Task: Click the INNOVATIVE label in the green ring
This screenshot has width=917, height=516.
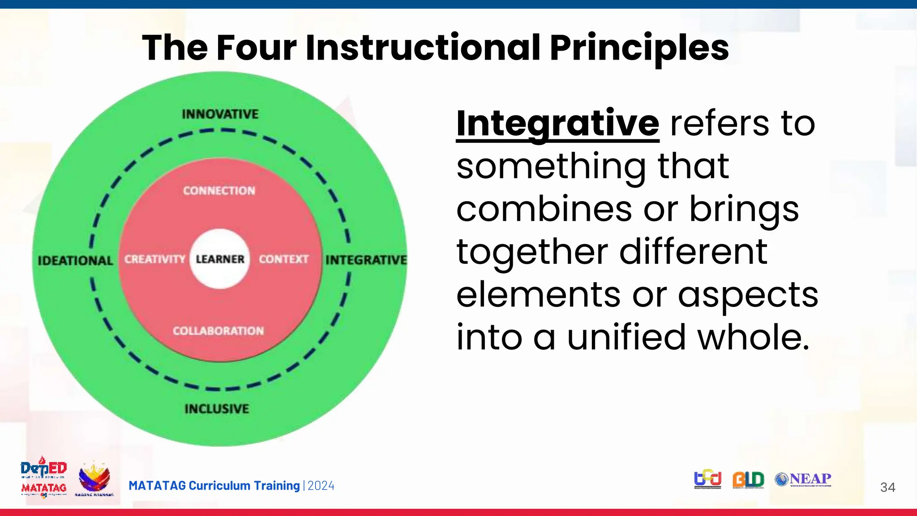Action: point(220,114)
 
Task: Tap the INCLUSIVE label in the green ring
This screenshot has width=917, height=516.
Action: point(217,408)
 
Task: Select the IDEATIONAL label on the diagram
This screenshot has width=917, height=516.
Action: point(75,261)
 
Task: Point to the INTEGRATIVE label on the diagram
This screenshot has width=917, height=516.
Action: point(366,260)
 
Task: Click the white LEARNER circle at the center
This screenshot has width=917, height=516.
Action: point(220,259)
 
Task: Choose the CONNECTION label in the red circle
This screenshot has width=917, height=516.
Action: point(219,191)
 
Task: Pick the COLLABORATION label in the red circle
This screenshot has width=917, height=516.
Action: point(219,331)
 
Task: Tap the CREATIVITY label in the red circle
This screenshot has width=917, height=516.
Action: point(154,259)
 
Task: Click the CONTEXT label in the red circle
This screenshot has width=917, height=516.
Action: point(283,259)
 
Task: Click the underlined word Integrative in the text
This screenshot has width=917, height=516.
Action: point(557,123)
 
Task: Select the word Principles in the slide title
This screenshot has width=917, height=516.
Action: point(639,47)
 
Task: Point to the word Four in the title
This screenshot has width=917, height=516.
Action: point(257,47)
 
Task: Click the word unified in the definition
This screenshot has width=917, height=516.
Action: point(626,337)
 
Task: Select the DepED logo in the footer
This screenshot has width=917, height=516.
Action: point(43,469)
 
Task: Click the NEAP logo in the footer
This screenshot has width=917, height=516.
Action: point(803,479)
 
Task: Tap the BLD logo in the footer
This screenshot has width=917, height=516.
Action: point(748,480)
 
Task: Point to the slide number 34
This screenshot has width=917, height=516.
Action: point(887,487)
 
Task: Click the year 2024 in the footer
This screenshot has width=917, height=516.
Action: point(321,486)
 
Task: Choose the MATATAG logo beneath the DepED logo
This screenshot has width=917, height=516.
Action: point(44,489)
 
